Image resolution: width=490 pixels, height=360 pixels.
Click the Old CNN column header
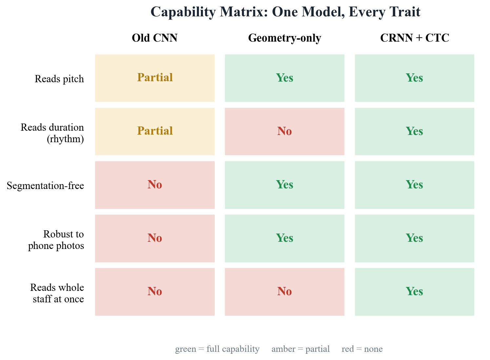[155, 38]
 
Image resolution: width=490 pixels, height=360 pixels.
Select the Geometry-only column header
[284, 38]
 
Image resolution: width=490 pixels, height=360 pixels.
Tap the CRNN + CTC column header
[415, 38]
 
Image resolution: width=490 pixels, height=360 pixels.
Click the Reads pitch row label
[59, 79]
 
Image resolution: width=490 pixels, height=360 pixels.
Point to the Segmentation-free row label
[45, 186]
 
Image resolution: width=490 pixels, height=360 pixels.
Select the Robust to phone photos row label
[56, 240]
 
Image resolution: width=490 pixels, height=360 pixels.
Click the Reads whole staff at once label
[57, 293]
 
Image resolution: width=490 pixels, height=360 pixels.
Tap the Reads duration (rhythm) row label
[52, 133]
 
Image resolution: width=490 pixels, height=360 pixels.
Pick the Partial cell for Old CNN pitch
[155, 78]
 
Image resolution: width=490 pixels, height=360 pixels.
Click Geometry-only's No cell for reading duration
[284, 131]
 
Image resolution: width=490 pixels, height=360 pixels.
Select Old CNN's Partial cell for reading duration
[155, 131]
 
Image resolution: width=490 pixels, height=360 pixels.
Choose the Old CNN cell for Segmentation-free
[155, 185]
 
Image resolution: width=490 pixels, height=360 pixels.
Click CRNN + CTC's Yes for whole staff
[415, 292]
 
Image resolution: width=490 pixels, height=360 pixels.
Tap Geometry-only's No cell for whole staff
[284, 292]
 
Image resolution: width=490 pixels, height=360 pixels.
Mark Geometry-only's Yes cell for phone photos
[284, 238]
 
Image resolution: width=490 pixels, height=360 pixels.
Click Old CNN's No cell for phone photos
[155, 238]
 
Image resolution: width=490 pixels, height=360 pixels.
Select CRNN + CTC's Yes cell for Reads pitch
[415, 78]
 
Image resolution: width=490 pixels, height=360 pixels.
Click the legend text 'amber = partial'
[301, 349]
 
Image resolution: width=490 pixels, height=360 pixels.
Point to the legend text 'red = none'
[362, 349]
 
